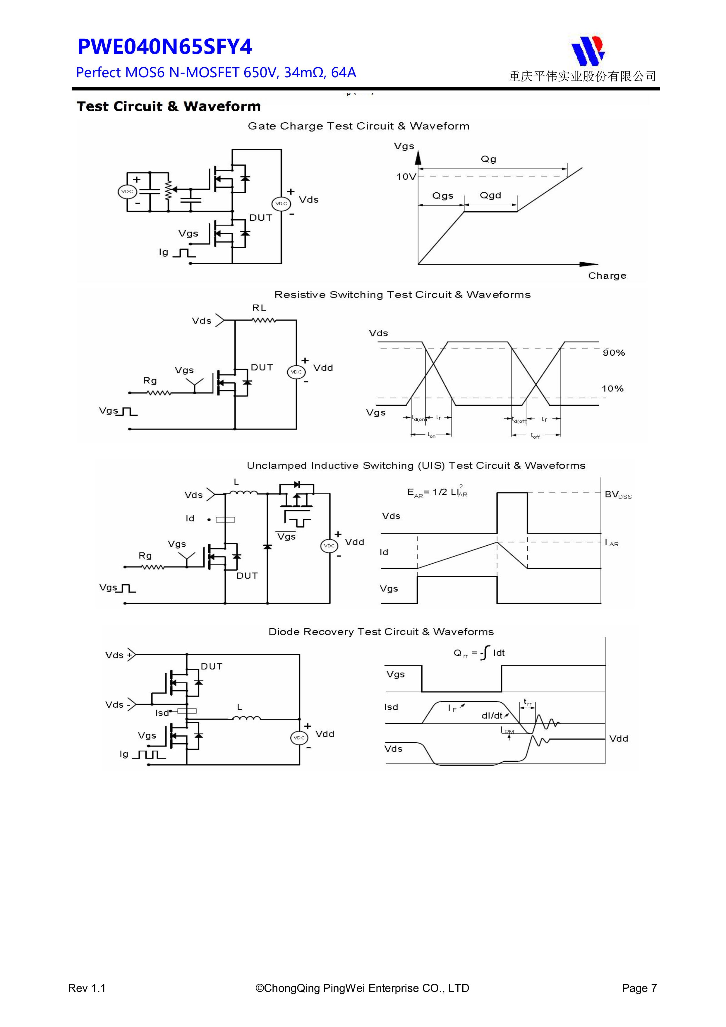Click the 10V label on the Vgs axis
(x=406, y=177)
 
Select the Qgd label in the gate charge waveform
(x=490, y=196)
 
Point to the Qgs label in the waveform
(x=442, y=196)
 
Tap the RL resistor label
(x=259, y=308)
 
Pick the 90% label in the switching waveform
(x=613, y=353)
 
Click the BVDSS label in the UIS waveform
(x=618, y=495)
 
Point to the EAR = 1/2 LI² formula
(x=437, y=492)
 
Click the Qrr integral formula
(x=479, y=653)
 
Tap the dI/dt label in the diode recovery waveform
(x=492, y=716)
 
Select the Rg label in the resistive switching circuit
(x=150, y=381)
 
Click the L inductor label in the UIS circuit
(x=236, y=482)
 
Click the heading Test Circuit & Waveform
(x=169, y=107)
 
